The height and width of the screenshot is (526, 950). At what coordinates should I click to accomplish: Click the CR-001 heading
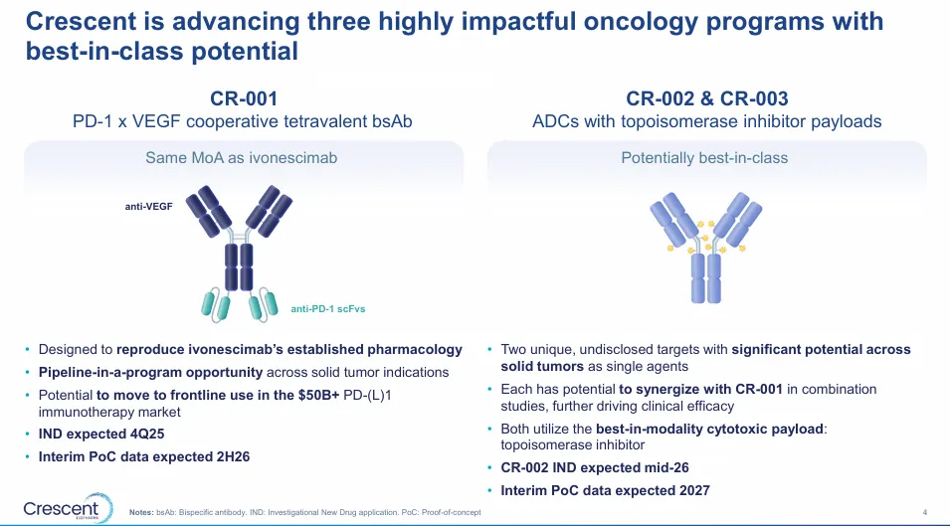244,98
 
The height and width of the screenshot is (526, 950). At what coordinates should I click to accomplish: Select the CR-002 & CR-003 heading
706,98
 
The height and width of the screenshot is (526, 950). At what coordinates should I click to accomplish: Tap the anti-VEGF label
148,207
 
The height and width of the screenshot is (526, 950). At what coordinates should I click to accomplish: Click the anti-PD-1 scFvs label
327,308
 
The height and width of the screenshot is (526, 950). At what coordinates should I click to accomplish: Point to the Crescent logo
68,508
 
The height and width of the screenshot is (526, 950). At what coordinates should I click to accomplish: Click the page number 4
924,512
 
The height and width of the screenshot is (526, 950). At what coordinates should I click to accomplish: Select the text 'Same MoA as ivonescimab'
241,158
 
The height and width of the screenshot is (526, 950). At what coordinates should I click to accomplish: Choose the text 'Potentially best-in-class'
704,158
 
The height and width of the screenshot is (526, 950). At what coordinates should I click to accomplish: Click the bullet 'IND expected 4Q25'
101,434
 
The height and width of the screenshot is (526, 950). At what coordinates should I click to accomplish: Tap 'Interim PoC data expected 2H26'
144,457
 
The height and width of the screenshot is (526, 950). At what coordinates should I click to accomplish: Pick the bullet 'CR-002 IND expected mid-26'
594,468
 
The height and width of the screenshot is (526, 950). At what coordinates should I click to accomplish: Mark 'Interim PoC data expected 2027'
605,491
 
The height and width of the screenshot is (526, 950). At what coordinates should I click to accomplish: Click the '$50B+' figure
318,396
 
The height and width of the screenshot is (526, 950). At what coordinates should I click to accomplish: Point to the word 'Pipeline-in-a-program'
110,372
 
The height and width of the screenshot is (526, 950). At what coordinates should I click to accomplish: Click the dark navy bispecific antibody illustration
240,253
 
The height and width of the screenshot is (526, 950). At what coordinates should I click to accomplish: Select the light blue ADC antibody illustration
706,248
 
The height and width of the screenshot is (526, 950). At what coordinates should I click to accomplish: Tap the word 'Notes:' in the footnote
141,512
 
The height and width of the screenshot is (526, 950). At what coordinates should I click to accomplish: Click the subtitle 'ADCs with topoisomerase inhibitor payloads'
706,121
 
